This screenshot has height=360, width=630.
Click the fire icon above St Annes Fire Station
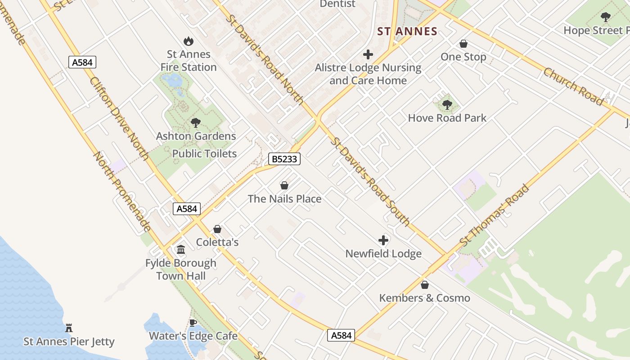coord(189,41)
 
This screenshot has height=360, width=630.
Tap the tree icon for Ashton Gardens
coord(196,123)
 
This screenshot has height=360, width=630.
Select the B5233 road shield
coord(284,159)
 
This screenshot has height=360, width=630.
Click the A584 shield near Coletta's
coord(187,209)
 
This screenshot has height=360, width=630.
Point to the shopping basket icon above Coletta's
coord(217,229)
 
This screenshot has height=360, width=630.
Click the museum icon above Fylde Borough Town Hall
coord(181,249)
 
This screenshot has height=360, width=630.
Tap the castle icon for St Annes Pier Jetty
coord(69,328)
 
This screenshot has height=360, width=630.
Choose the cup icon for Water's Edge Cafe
coord(193,323)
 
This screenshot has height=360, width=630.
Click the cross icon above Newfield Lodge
coord(383,240)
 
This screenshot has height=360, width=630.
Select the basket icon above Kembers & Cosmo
coord(424,285)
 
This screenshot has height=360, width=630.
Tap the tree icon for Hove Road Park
coord(447,105)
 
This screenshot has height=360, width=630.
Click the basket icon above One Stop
coord(463,44)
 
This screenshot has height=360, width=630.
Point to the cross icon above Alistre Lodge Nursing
coord(368,54)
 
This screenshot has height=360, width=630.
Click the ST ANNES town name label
coord(407,31)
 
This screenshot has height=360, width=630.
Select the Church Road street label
coord(573,86)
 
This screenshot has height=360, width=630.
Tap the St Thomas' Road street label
coord(495,216)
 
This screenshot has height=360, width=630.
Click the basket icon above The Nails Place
coord(284,185)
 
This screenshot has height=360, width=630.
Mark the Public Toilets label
coord(204,153)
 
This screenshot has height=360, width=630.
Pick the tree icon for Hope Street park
coord(606,17)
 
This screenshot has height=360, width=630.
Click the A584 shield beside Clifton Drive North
coord(82,62)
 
